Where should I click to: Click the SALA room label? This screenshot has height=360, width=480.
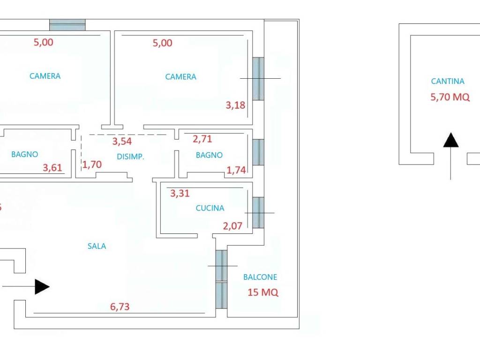(x=97, y=246)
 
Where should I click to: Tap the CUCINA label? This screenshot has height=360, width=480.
(x=210, y=208)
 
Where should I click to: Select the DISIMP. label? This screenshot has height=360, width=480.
(x=130, y=157)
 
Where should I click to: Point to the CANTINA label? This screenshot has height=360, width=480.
(x=448, y=81)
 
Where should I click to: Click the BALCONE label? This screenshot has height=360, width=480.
(x=260, y=277)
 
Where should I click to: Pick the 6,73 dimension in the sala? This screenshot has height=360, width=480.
(x=120, y=307)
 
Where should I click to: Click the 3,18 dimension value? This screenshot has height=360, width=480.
(x=235, y=105)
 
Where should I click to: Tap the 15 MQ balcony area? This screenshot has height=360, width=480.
(x=263, y=292)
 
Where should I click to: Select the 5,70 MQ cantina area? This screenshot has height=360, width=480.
(x=450, y=97)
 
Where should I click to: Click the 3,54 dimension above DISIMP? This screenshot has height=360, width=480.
(x=122, y=141)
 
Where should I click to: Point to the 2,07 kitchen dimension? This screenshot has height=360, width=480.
(x=232, y=226)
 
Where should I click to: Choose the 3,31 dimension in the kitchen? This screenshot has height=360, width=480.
(x=180, y=193)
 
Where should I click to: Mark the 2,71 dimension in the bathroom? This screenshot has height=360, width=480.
(x=202, y=139)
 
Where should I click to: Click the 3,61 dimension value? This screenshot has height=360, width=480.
(x=52, y=167)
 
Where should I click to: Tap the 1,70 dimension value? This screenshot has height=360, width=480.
(x=92, y=165)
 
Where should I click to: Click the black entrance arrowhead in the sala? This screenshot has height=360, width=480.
(x=42, y=287)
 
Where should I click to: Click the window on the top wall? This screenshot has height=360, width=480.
(x=67, y=25)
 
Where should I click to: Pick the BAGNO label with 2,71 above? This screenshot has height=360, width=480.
(x=209, y=155)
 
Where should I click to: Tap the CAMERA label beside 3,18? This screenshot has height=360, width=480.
(x=180, y=77)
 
